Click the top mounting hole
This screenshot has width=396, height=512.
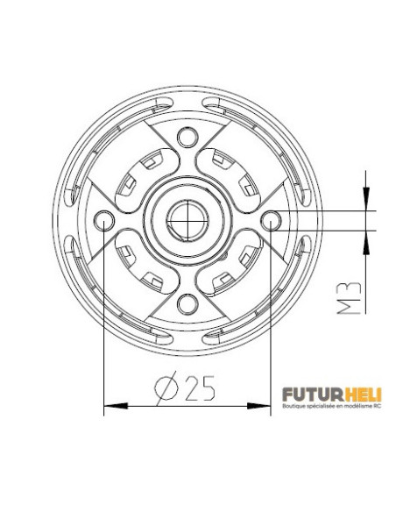coord(187,137)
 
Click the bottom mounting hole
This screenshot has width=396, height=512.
coord(187,303)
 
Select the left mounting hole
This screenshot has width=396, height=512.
coord(104,219)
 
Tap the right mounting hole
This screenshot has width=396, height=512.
coord(272,219)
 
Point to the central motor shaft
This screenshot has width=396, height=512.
coord(187,220)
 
